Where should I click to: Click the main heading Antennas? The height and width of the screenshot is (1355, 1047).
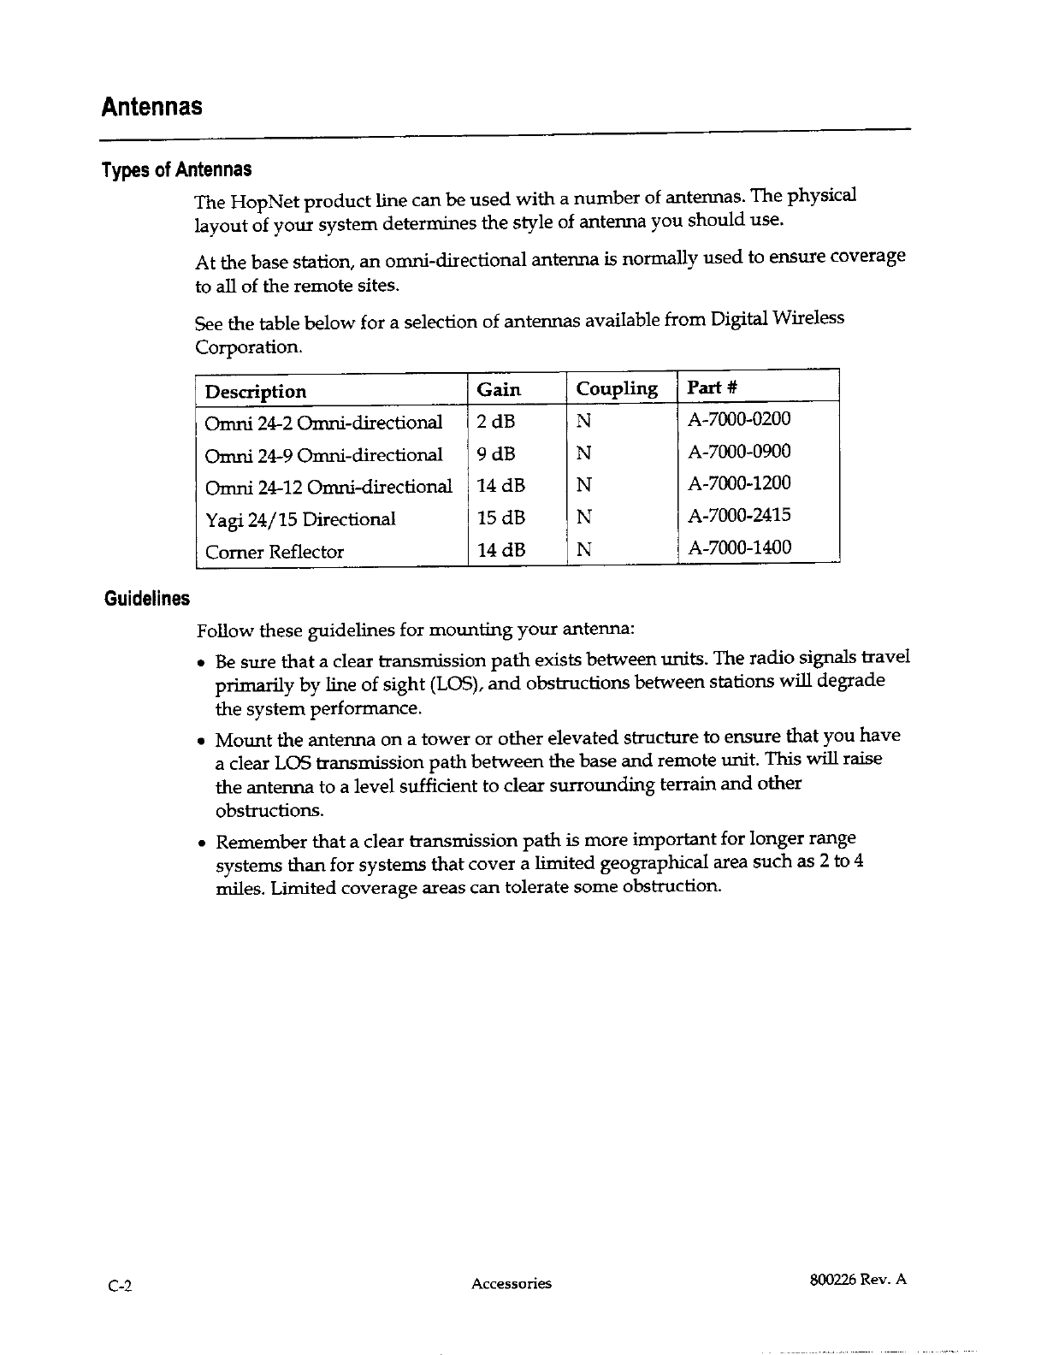152,108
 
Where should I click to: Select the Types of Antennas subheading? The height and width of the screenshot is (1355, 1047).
177,169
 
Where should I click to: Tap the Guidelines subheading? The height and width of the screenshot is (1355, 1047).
146,598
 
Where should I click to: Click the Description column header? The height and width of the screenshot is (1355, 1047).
256,392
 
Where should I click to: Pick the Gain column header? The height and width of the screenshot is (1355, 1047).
499,390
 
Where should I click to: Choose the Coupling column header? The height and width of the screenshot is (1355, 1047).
617,389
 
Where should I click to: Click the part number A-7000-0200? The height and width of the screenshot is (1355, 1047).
740,419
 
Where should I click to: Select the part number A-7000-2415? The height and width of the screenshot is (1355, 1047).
740,515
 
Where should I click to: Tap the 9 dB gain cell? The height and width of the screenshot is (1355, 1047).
496,454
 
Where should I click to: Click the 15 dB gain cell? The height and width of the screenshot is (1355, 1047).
501,518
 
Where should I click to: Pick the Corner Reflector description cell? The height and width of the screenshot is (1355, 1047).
275,552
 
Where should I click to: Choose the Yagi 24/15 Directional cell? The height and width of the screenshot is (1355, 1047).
300,519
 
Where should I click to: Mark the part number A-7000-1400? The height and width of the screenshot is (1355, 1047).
740,547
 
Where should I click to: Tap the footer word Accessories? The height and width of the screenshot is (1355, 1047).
512,1283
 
